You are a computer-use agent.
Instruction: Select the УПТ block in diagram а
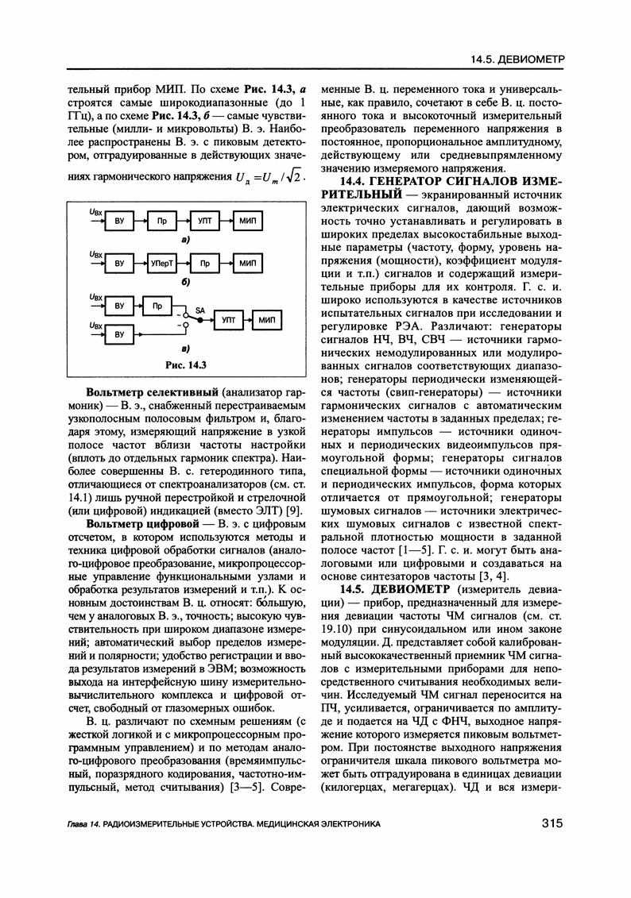(x=204, y=225)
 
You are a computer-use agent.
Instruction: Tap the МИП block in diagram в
(x=266, y=320)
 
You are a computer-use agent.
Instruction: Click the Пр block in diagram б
(x=204, y=262)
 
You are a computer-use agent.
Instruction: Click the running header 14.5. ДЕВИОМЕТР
(x=517, y=60)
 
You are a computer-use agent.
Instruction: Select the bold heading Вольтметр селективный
(x=153, y=392)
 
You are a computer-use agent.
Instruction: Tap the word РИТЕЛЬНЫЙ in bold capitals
(x=358, y=195)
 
